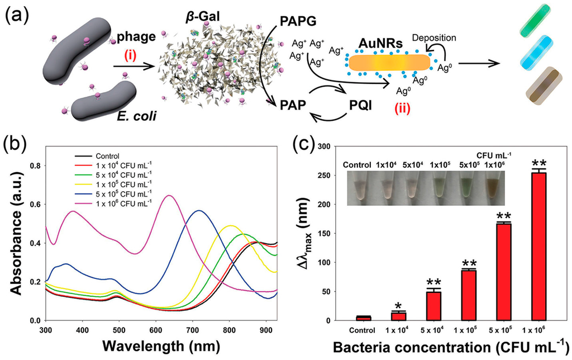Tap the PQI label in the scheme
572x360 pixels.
[354, 89]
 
